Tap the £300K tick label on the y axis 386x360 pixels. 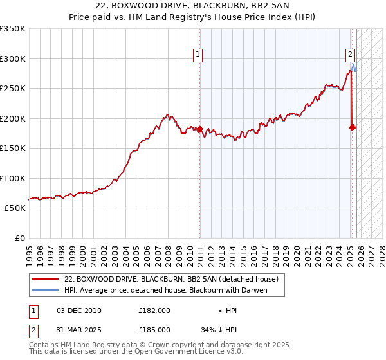pyautogui.click(x=12, y=59)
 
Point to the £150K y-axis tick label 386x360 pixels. pyautogui.click(x=12, y=148)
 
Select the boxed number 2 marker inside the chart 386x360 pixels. pyautogui.click(x=351, y=55)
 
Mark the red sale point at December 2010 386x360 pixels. pyautogui.click(x=199, y=129)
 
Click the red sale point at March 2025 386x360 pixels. pyautogui.click(x=352, y=127)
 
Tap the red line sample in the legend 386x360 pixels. pyautogui.click(x=46, y=279)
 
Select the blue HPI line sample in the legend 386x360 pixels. pyautogui.click(x=46, y=290)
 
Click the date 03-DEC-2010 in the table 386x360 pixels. pyautogui.click(x=79, y=310)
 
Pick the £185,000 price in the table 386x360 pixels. pyautogui.click(x=154, y=329)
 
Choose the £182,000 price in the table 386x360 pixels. pyautogui.click(x=154, y=310)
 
